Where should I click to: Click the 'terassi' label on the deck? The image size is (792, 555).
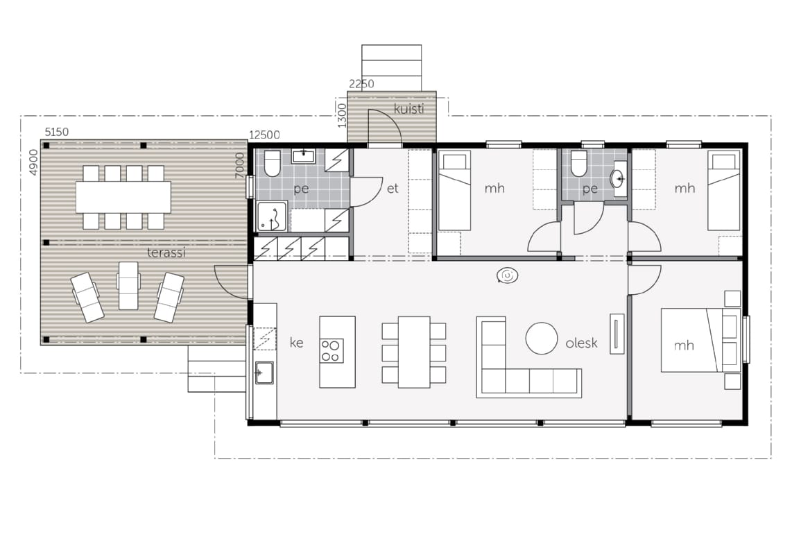point(166,253)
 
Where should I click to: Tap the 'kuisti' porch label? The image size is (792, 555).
point(408,109)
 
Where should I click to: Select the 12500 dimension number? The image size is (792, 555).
point(264,135)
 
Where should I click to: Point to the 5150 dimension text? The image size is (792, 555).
point(57,132)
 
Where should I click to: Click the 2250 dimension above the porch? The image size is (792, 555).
point(361,84)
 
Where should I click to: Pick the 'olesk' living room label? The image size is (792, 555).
point(581,343)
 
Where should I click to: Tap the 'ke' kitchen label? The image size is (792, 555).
point(297,343)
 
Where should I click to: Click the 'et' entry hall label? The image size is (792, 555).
point(393,189)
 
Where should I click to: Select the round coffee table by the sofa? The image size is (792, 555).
point(542,339)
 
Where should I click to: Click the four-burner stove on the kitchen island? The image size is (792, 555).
point(332,351)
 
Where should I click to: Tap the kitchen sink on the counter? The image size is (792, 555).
point(264,373)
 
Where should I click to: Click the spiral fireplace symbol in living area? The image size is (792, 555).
point(507,275)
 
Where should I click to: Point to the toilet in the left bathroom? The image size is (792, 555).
point(272,163)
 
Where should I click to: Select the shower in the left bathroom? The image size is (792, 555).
point(272,217)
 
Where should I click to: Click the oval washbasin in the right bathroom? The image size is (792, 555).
point(618,178)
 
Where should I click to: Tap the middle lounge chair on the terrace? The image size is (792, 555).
point(128,286)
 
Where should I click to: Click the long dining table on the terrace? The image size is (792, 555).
point(123,197)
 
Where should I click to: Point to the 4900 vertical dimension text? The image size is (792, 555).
point(33,162)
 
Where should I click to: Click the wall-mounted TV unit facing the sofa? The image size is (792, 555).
point(617,334)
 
